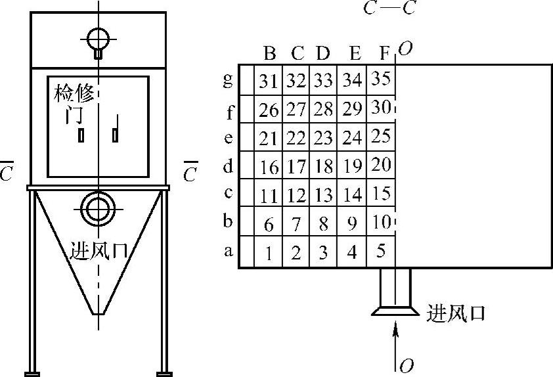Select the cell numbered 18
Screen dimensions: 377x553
pyautogui.click(x=322, y=167)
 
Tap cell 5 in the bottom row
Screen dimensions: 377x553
pyautogui.click(x=381, y=251)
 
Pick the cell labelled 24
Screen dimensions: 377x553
pyautogui.click(x=352, y=138)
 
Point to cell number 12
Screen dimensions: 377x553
pyautogui.click(x=296, y=195)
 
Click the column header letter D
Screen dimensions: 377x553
pyautogui.click(x=322, y=52)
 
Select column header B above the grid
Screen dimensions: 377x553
pyautogui.click(x=269, y=52)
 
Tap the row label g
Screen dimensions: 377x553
pyautogui.click(x=229, y=80)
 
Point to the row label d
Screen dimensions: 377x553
pyautogui.click(x=229, y=166)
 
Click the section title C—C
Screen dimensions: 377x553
pyautogui.click(x=389, y=9)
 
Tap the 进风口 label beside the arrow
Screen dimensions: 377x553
pyautogui.click(x=456, y=312)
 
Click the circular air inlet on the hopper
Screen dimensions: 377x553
pyautogui.click(x=97, y=208)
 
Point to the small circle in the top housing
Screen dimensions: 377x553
pyautogui.click(x=97, y=37)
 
